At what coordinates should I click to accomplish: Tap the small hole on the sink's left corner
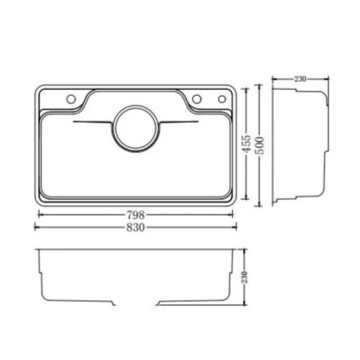[71, 99]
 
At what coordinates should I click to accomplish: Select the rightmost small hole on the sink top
[213, 99]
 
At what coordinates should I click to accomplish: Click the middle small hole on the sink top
[196, 99]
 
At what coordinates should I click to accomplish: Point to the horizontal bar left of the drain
[92, 124]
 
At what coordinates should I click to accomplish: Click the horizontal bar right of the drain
[177, 124]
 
